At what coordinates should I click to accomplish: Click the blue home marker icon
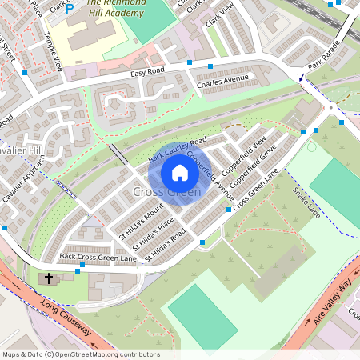(x=180, y=173)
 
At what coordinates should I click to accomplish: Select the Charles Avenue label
(x=223, y=81)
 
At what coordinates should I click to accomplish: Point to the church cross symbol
(x=49, y=279)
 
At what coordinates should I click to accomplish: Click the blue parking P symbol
(x=69, y=9)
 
